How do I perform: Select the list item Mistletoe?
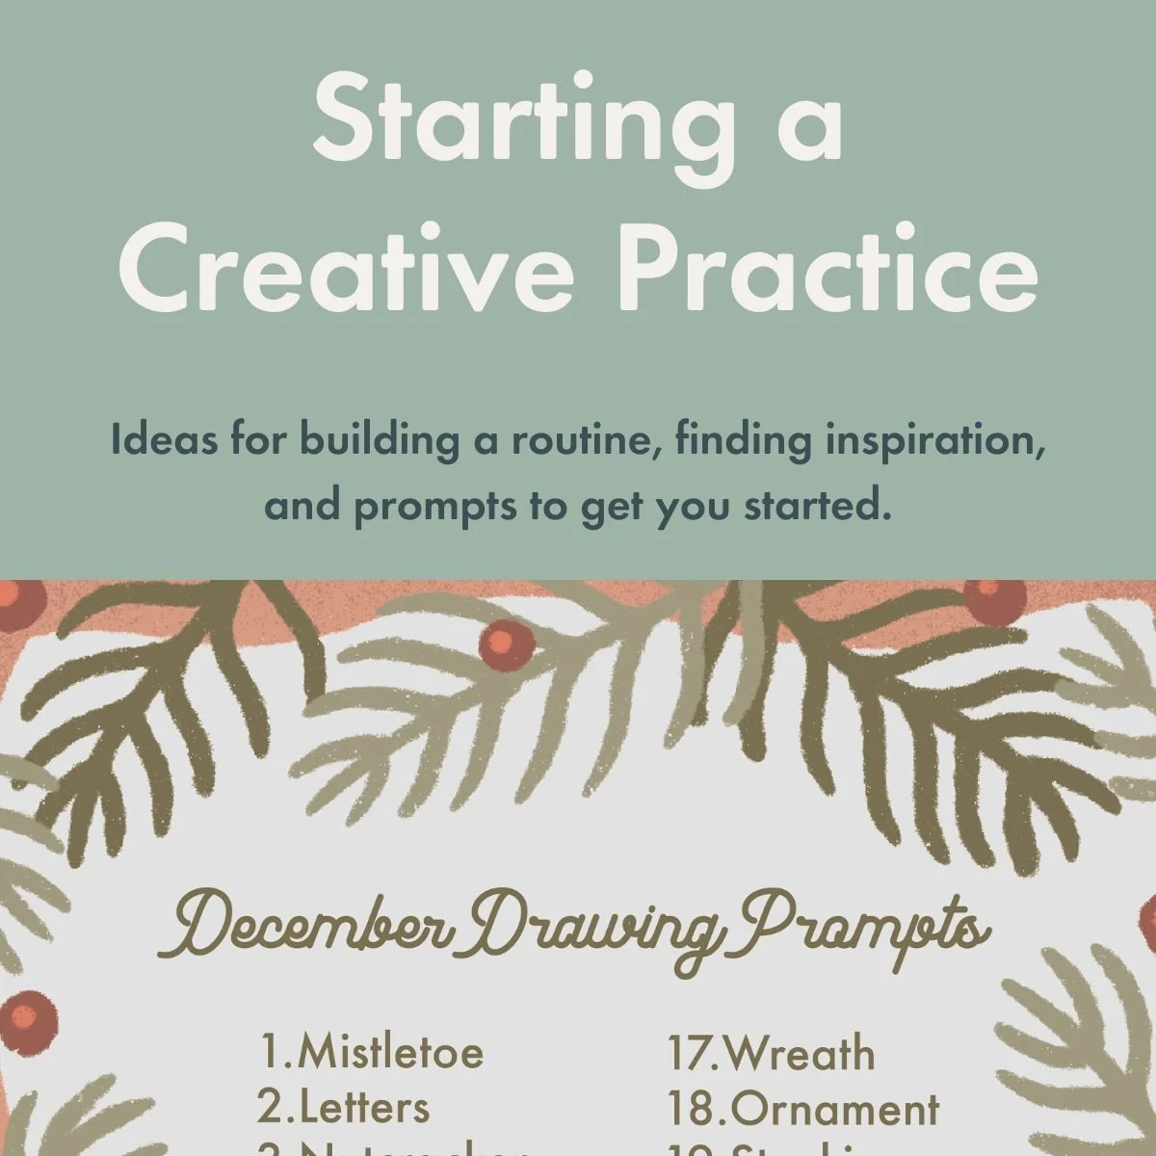(x=390, y=1051)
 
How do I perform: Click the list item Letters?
(x=364, y=1108)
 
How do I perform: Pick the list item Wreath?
(x=798, y=1053)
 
